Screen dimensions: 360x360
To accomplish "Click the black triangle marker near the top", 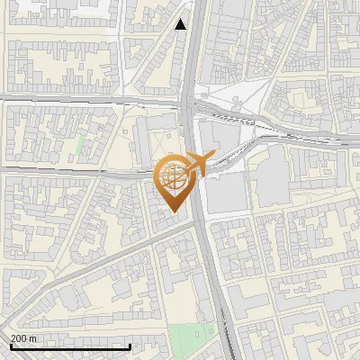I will click(x=181, y=24).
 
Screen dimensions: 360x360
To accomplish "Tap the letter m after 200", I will click(x=33, y=338).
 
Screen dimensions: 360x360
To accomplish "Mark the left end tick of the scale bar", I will click(x=8, y=346).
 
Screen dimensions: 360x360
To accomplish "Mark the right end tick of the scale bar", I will click(x=130, y=346).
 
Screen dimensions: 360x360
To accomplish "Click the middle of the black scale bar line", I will click(x=69, y=346).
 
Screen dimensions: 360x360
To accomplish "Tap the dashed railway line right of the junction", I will click(x=297, y=136).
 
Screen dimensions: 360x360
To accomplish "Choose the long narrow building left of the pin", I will click(x=141, y=144).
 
